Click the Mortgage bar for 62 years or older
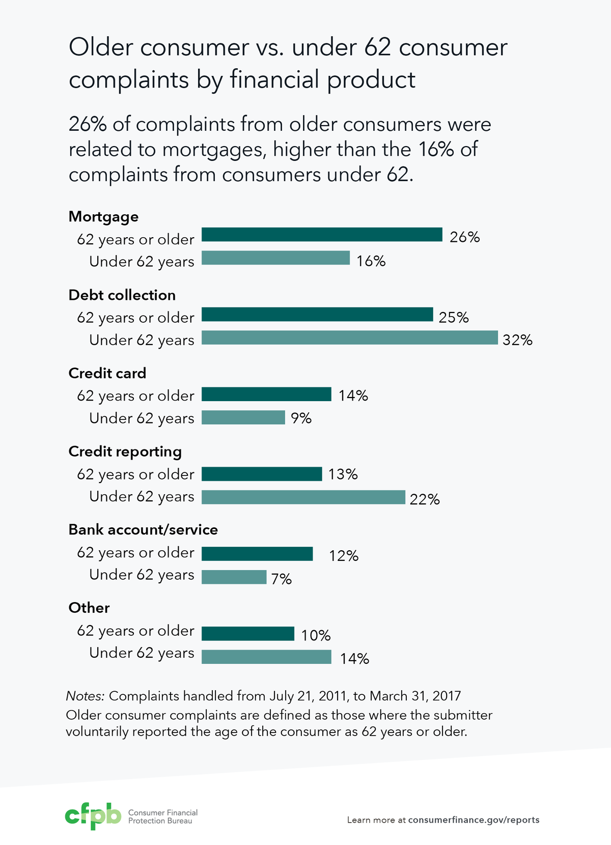click(322, 235)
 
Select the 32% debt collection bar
click(349, 337)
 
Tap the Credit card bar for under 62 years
click(243, 417)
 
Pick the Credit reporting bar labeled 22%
click(303, 497)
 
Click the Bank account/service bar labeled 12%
click(257, 554)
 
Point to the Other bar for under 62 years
click(266, 657)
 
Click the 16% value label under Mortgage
click(371, 261)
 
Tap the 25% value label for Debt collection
click(453, 318)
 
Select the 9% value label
click(301, 418)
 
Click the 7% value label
click(281, 579)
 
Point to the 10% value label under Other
click(316, 635)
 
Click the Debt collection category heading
click(122, 295)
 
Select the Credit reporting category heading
click(125, 452)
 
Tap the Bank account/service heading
click(143, 530)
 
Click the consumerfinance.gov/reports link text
click(474, 820)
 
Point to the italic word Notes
click(85, 696)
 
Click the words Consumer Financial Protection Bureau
click(162, 816)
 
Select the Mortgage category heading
click(103, 217)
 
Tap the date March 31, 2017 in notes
click(415, 696)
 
